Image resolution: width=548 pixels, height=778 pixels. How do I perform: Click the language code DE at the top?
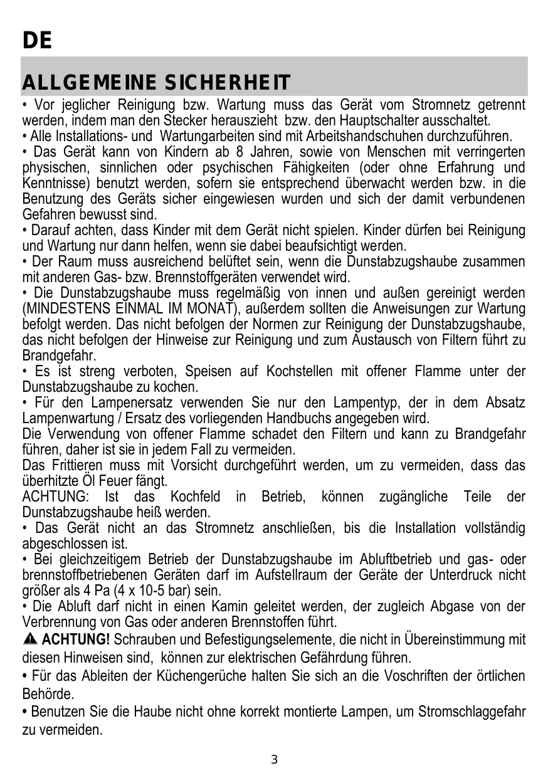click(37, 41)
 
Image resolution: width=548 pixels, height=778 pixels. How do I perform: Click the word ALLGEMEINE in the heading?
click(89, 83)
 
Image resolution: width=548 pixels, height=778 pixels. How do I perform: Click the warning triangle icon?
click(30, 640)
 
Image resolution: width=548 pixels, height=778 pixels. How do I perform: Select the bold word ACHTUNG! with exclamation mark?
click(78, 640)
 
